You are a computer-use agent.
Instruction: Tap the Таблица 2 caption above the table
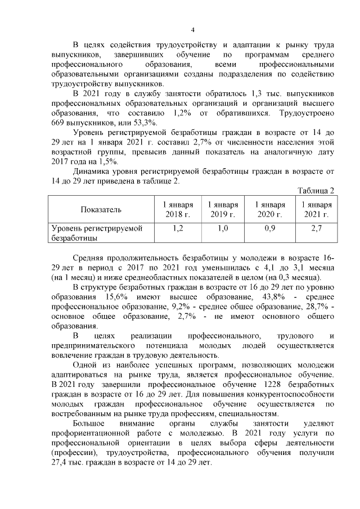pyautogui.click(x=315, y=190)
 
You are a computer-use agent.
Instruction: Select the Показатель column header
pyautogui.click(x=101, y=209)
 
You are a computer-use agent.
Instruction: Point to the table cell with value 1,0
pyautogui.click(x=223, y=228)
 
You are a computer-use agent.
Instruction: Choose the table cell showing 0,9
pyautogui.click(x=269, y=228)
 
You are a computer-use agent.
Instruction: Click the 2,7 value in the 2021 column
pyautogui.click(x=316, y=228)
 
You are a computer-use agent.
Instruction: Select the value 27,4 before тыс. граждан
pyautogui.click(x=60, y=462)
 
